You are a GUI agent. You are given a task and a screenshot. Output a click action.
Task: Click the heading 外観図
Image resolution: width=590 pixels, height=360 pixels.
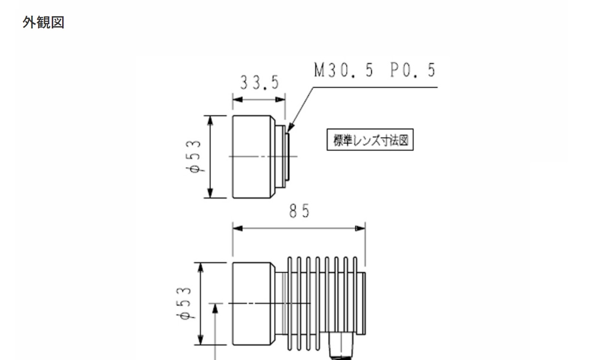(44, 22)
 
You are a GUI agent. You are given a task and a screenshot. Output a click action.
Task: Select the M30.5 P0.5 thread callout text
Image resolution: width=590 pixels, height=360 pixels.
(375, 70)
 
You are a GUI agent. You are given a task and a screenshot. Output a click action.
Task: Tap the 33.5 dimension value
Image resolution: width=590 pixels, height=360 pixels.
(260, 83)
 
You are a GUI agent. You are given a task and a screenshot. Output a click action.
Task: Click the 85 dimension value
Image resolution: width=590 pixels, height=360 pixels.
(299, 211)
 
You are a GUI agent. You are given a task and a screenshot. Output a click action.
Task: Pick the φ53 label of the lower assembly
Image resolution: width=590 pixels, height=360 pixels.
(184, 303)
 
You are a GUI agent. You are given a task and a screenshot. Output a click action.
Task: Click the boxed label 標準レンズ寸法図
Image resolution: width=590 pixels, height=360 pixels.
(370, 140)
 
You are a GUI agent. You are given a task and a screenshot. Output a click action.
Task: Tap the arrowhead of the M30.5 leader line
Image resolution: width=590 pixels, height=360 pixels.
(290, 127)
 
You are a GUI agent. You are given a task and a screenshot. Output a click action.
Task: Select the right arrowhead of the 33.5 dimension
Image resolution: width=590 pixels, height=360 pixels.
(280, 100)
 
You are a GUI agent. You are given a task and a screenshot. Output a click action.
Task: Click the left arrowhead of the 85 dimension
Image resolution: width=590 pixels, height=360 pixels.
(238, 228)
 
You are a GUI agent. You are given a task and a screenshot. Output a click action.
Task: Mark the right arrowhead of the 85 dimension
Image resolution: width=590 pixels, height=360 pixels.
(360, 228)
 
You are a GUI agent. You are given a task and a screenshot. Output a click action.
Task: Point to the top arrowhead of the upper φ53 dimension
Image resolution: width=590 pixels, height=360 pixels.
(210, 120)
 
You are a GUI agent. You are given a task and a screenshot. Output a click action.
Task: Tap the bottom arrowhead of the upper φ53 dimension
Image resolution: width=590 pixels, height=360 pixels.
(210, 193)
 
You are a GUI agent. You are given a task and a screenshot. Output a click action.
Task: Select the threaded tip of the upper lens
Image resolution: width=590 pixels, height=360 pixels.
(287, 157)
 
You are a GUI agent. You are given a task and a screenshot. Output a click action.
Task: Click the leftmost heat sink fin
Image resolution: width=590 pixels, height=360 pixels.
(290, 304)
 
